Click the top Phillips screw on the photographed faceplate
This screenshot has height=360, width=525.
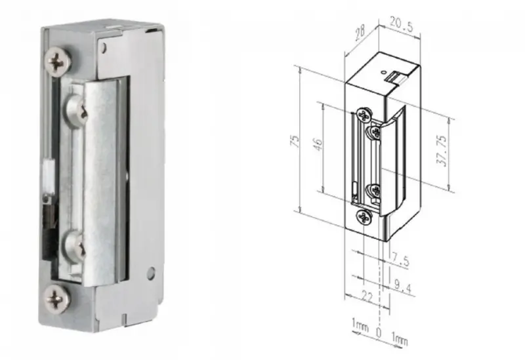pos(58,62)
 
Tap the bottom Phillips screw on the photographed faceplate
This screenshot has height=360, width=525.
pos(58,298)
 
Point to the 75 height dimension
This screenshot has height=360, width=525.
pos(295,142)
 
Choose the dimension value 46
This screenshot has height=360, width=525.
pos(318,145)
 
